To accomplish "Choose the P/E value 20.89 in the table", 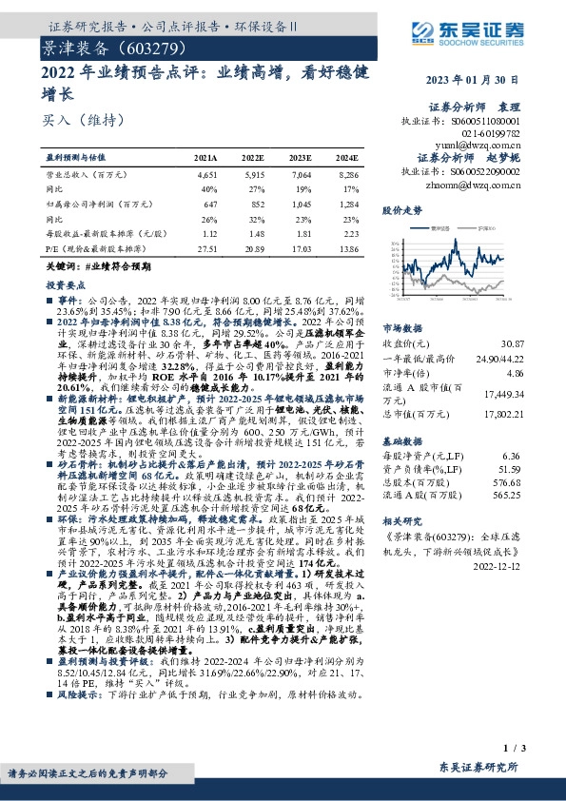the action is click(x=253, y=246).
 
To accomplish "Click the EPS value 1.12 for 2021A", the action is click(x=208, y=233).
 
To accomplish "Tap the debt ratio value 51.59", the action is click(x=540, y=469).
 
